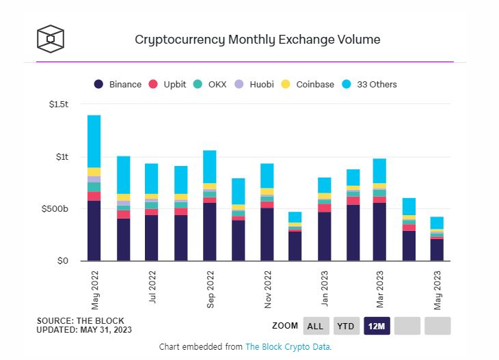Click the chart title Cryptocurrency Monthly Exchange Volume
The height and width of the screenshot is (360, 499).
pyautogui.click(x=258, y=39)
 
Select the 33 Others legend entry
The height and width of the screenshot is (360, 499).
pyautogui.click(x=368, y=84)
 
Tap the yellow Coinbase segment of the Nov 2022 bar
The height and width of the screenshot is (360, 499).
pyautogui.click(x=267, y=192)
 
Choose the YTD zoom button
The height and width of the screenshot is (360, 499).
pyautogui.click(x=346, y=326)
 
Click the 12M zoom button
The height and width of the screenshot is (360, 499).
pyautogui.click(x=377, y=326)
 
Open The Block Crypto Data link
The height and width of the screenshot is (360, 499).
pyautogui.click(x=288, y=347)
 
